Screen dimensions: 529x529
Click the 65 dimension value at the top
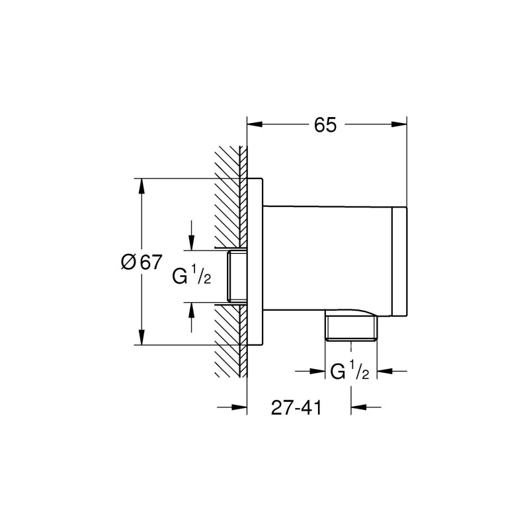(325, 124)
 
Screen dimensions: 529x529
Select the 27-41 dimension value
(296, 408)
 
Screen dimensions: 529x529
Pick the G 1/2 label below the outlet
(349, 372)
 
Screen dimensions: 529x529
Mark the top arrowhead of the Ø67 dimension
(141, 186)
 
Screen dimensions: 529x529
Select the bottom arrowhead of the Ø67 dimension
(141, 337)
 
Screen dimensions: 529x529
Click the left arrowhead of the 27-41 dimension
(239, 407)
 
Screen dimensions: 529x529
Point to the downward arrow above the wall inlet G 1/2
(191, 243)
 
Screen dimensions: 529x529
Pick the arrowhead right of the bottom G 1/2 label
(384, 372)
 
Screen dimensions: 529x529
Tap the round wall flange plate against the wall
(255, 261)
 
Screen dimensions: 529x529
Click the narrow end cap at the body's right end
(400, 262)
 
